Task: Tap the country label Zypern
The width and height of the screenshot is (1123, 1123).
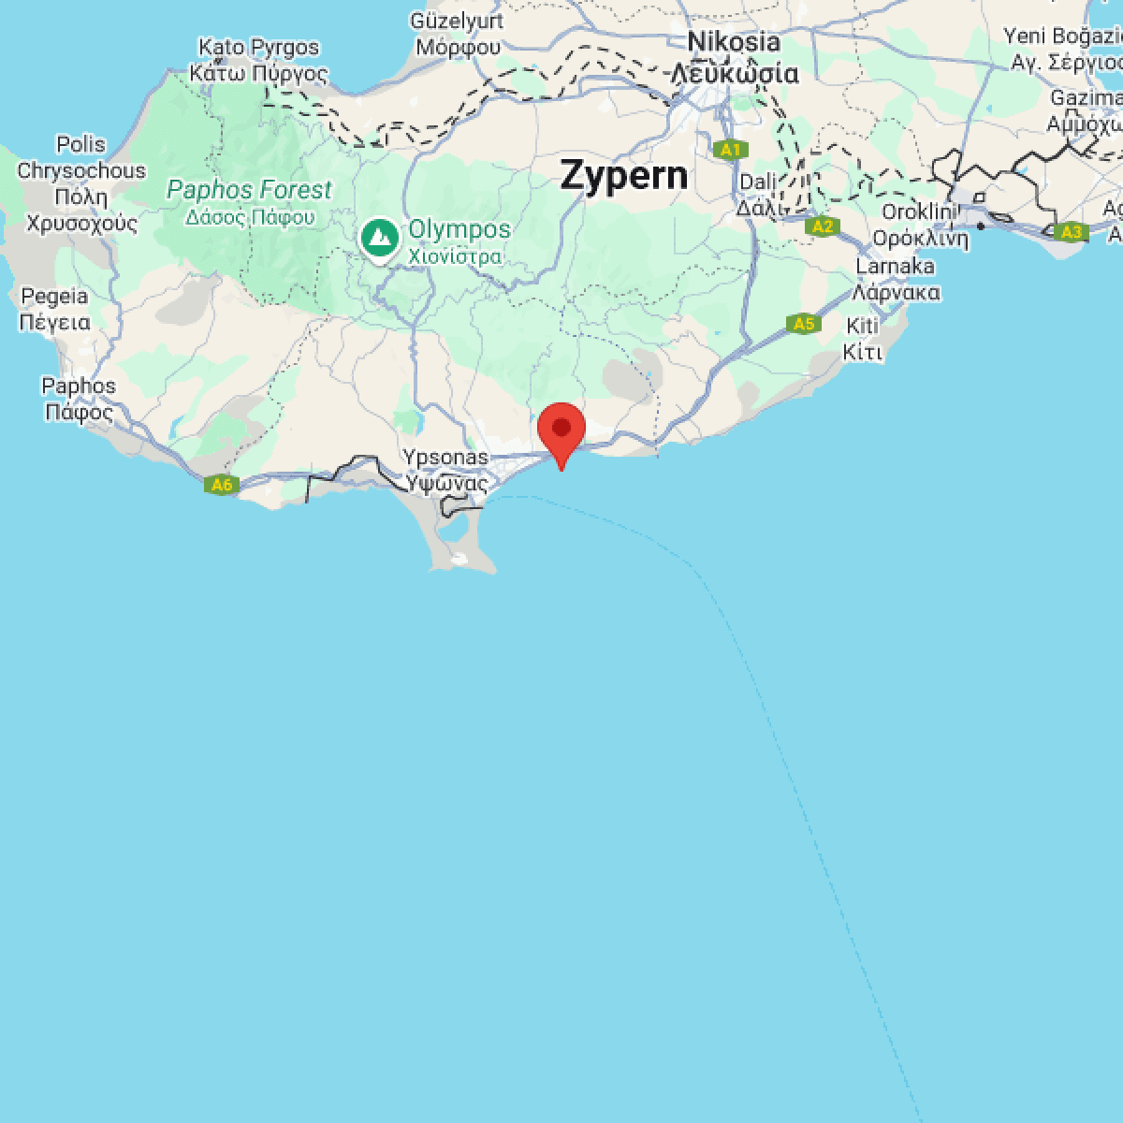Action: coord(623,176)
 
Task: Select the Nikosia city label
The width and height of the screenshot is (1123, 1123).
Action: coord(734,42)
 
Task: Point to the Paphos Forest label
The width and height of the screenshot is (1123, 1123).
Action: coord(249,190)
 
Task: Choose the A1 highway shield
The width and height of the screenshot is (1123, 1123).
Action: coord(730,150)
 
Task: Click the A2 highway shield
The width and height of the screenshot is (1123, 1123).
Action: coord(822,226)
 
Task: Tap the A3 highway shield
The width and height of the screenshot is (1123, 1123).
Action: coord(1071,232)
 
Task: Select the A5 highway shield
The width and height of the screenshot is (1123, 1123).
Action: coord(803,325)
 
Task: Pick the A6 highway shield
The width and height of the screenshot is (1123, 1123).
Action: coord(221,485)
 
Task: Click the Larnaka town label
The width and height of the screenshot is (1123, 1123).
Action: coord(896,267)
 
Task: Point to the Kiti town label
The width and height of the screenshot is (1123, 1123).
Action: coord(862,327)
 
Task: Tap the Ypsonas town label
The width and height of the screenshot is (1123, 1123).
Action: coord(445,458)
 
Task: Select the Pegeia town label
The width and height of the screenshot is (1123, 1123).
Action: coord(54,297)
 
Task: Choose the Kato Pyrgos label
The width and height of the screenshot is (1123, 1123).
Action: coord(258,48)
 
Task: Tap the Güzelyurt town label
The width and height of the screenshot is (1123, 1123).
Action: coord(458,21)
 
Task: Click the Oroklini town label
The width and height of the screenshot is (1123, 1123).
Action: coord(918,212)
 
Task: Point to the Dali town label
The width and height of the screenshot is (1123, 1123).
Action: coord(758,182)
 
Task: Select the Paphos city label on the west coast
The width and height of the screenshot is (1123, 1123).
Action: coord(79,386)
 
